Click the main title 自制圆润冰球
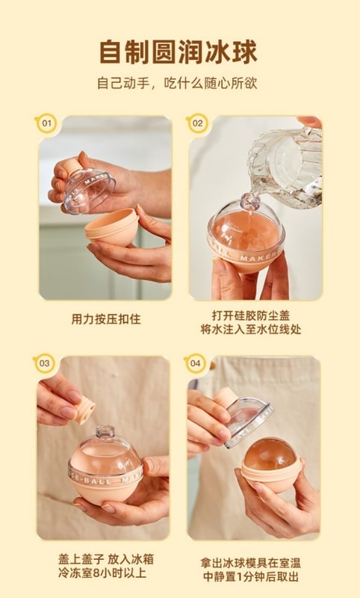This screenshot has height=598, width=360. tap(179, 52)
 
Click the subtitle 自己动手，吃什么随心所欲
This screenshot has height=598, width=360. tap(177, 83)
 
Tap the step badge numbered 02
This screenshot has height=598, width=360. tap(197, 123)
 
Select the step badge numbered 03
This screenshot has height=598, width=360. tap(44, 363)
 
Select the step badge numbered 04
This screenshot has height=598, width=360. tap(195, 363)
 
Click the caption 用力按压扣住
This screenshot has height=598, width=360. tap(106, 319)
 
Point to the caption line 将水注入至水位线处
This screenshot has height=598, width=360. tap(251, 330)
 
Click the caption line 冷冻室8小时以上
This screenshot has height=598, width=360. tap(102, 573)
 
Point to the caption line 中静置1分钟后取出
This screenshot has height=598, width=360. tap(251, 576)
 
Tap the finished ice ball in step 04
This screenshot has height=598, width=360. tap(270, 454)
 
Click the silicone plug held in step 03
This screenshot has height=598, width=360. tap(84, 410)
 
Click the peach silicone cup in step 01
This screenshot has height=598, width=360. tap(111, 227)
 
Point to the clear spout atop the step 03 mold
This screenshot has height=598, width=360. tap(105, 432)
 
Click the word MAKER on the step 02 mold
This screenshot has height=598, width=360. tap(259, 258)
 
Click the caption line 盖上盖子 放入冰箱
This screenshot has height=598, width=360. tap(106, 559)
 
